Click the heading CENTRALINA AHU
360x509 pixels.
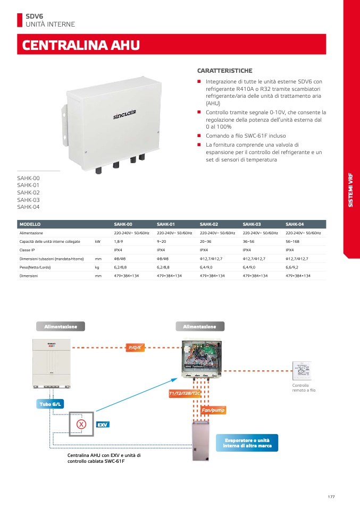pos(81,45)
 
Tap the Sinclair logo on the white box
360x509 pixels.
pos(124,114)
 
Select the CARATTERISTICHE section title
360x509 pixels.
pos(224,71)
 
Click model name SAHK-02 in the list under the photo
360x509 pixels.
pos(28,192)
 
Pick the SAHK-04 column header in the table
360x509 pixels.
pos(295,224)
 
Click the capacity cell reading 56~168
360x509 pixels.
pos(292,242)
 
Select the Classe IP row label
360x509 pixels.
pos(27,250)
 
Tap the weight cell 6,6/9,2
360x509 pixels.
pos(292,267)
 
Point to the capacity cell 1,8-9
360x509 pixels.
pos(118,242)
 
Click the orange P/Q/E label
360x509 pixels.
pos(135,347)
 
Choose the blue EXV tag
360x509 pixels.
pos(103,425)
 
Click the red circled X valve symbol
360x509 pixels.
pos(81,424)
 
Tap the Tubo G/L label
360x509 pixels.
pos(50,404)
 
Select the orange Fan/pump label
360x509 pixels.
pos(213,410)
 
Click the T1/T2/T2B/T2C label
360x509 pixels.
pos(185,393)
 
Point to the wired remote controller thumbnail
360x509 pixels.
pos(302,371)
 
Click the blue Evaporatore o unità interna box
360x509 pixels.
pos(247,443)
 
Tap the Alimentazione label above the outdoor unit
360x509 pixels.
pos(61,327)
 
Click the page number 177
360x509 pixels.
pos(331,497)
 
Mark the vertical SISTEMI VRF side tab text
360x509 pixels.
pos(350,190)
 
